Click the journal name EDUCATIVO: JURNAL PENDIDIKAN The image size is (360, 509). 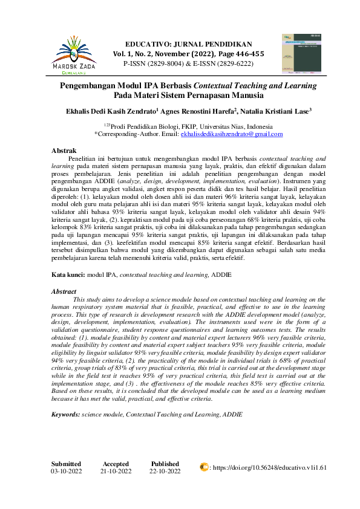[188, 45]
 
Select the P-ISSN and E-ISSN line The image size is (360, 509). [188, 62]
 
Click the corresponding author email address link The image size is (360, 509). [232, 134]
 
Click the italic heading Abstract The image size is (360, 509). [64, 291]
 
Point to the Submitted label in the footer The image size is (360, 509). [67, 464]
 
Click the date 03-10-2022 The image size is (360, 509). [67, 471]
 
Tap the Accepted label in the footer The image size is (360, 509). [116, 464]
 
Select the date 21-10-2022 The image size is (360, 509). [116, 471]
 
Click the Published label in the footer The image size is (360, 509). [165, 464]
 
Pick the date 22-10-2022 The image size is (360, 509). [165, 471]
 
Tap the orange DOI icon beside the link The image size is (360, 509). [204, 467]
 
